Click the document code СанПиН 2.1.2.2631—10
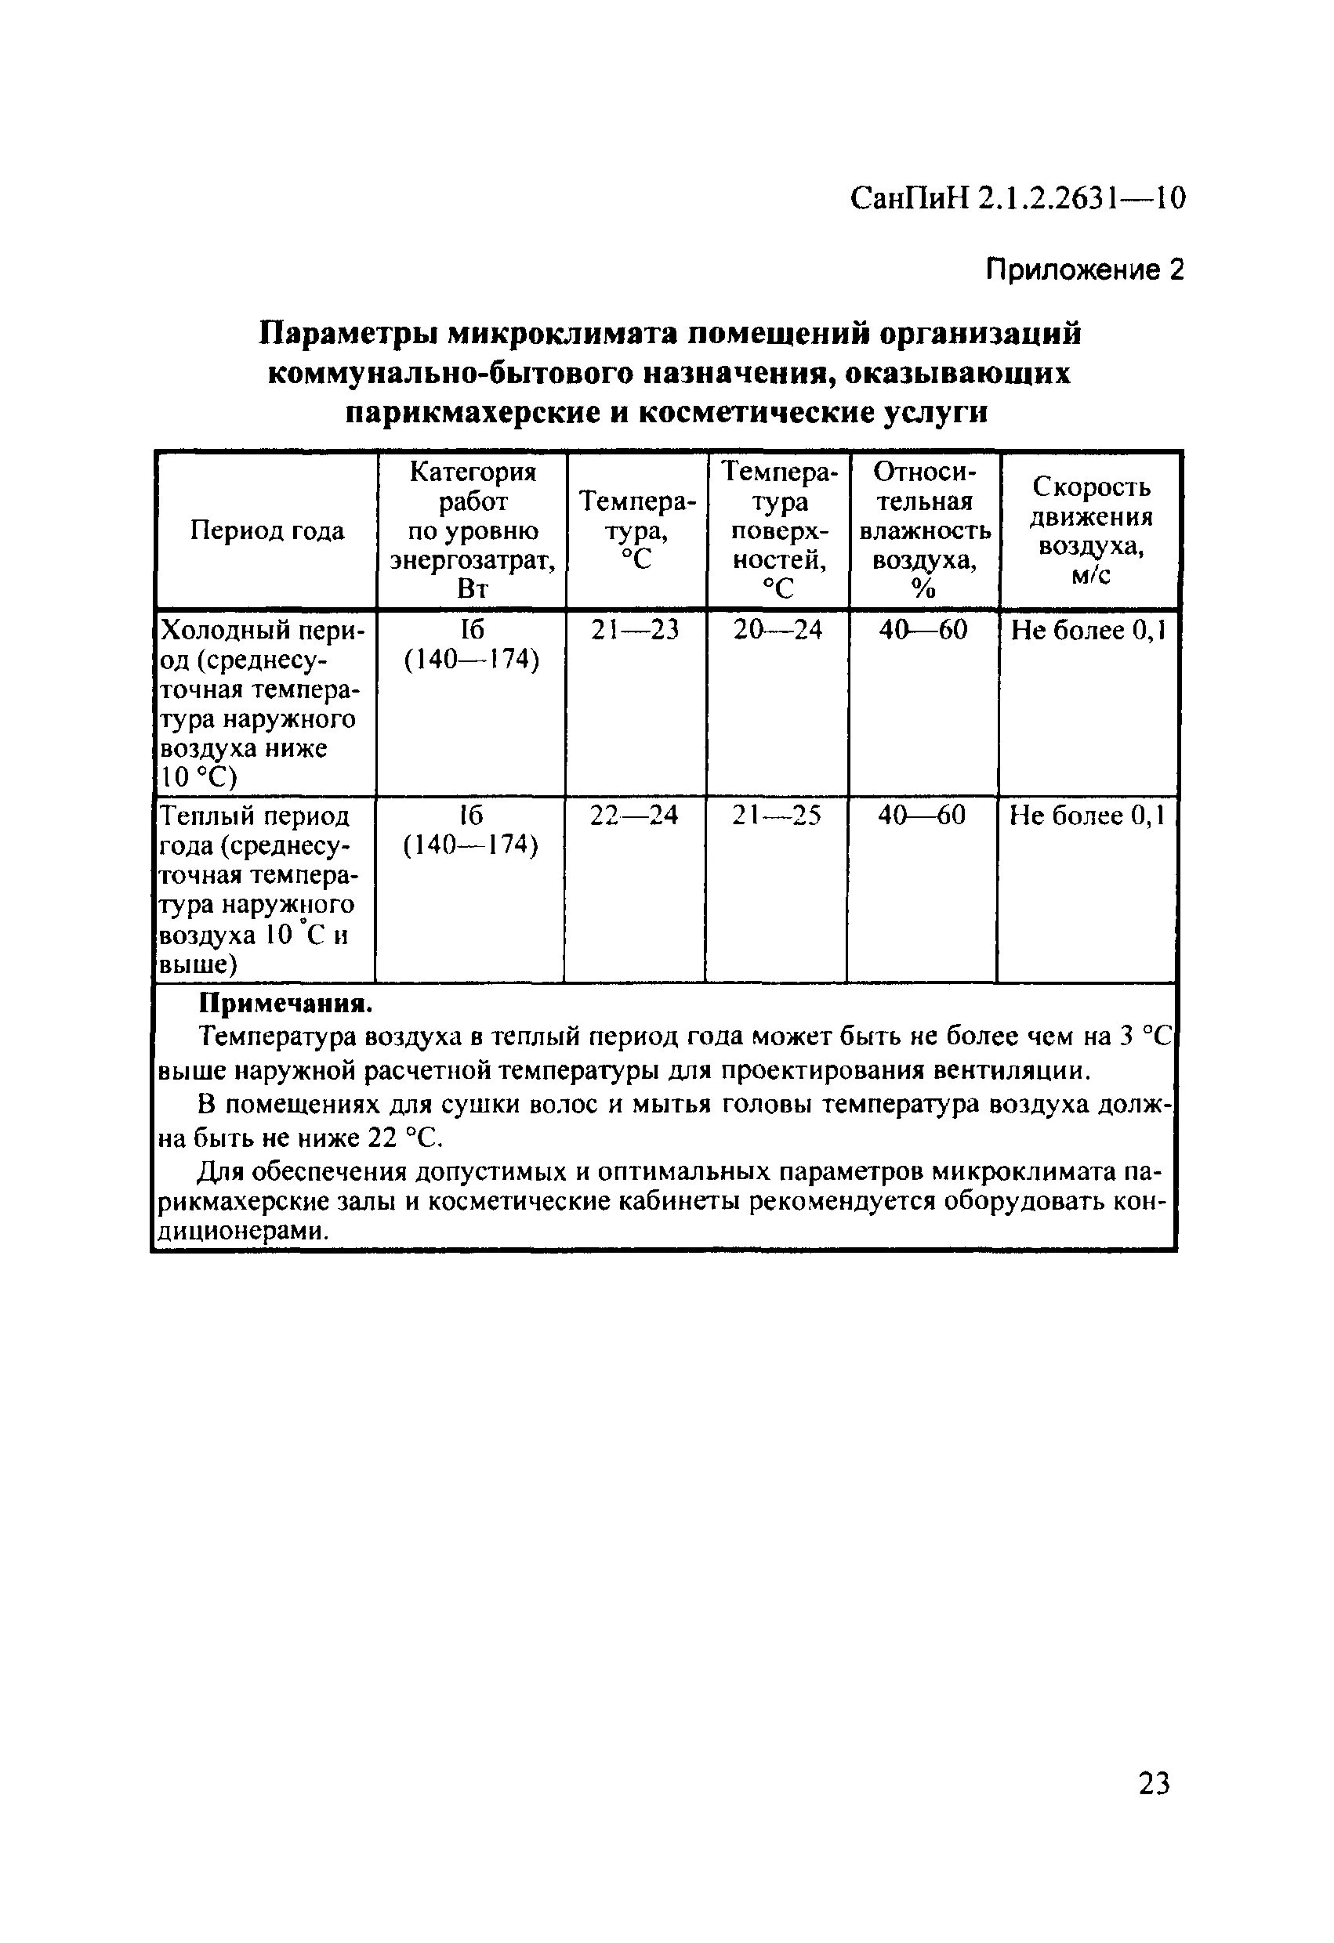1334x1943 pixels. click(x=1017, y=200)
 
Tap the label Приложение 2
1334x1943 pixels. click(x=1085, y=270)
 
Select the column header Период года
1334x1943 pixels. click(x=266, y=530)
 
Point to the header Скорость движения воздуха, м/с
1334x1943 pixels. click(x=1090, y=530)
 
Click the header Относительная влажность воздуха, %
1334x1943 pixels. click(x=924, y=530)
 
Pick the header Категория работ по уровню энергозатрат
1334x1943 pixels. click(x=473, y=530)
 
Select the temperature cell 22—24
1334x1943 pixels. click(x=634, y=815)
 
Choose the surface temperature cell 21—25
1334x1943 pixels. click(x=776, y=815)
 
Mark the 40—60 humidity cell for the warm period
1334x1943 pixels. click(x=922, y=815)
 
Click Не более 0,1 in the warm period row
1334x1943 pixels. click(x=1087, y=815)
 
